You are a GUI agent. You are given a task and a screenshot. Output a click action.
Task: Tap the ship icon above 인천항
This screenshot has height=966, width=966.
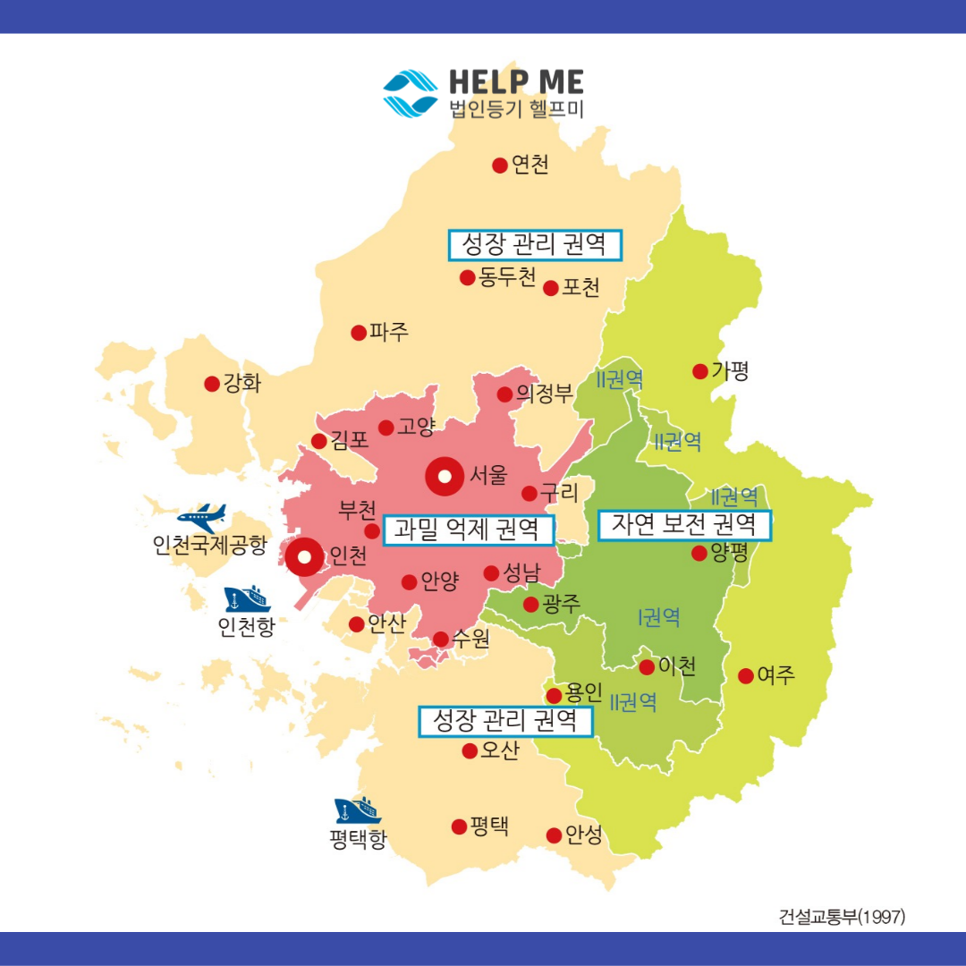(248, 598)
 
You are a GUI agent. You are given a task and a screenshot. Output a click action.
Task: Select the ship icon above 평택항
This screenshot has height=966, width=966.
(358, 810)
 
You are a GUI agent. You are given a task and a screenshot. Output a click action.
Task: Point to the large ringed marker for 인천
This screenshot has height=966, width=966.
(304, 557)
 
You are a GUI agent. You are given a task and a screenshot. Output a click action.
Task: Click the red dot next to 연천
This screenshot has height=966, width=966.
(500, 165)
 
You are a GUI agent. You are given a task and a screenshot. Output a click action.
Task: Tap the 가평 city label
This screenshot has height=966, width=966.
(730, 371)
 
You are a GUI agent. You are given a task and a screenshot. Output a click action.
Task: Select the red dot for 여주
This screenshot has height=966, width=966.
(745, 676)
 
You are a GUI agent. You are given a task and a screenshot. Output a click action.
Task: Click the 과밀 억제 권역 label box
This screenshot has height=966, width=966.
(467, 530)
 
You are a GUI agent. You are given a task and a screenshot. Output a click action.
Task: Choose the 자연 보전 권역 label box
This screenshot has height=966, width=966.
(683, 525)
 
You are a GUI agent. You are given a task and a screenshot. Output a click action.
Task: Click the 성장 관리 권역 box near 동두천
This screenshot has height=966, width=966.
(534, 244)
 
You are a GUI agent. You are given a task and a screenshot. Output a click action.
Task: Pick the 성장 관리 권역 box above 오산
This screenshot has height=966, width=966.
(505, 721)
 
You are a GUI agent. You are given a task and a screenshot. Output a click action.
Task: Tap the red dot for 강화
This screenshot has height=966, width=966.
(212, 384)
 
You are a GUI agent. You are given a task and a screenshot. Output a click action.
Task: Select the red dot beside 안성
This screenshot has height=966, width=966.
(555, 835)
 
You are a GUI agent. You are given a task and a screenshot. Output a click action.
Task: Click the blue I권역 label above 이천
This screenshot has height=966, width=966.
(659, 616)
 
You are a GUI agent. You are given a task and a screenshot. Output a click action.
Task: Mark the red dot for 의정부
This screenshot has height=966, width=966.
(505, 394)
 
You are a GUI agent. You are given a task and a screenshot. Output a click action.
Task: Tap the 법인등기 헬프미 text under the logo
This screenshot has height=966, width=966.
(516, 111)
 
